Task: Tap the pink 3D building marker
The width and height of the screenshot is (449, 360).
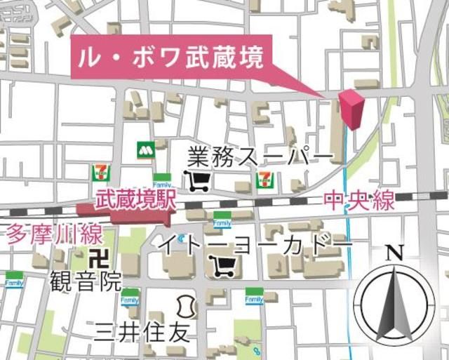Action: pyautogui.click(x=352, y=110)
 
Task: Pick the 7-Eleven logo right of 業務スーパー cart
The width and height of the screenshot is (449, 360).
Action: pyautogui.click(x=265, y=177)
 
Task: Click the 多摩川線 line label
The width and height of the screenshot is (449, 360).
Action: pyautogui.click(x=55, y=234)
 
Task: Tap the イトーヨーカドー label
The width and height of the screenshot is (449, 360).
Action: pyautogui.click(x=255, y=244)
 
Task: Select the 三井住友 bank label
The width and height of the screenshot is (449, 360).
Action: pyautogui.click(x=142, y=330)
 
